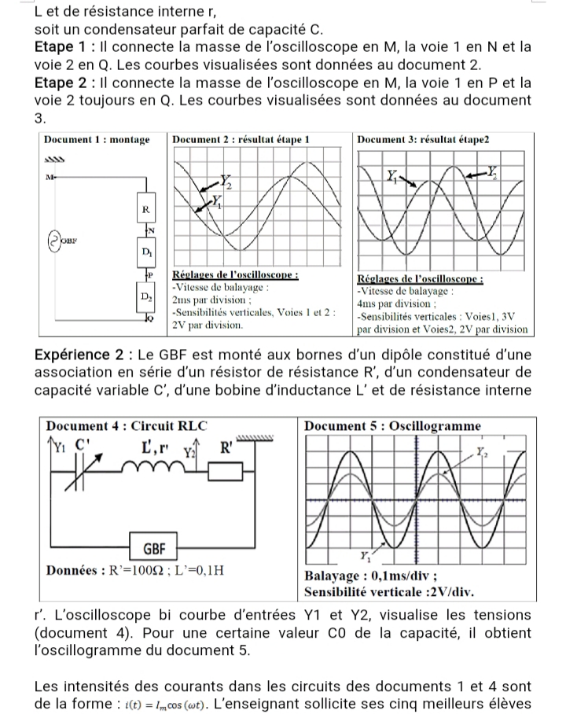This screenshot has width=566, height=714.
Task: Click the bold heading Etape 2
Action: click(64, 82)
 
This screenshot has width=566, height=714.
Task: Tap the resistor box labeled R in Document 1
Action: click(145, 211)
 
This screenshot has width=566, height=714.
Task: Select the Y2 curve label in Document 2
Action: click(226, 183)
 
